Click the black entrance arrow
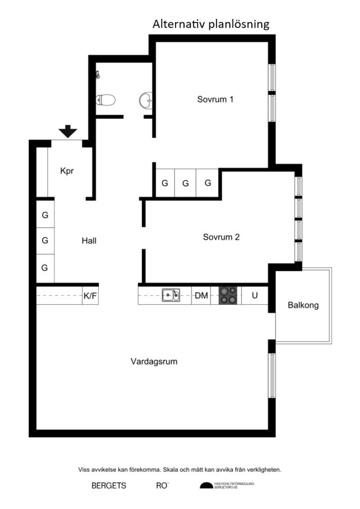click(68, 132)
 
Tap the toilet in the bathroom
click(106, 100)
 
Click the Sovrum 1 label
click(215, 99)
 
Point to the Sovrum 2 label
click(221, 237)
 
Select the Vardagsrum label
click(154, 361)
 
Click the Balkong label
click(303, 305)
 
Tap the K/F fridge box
click(90, 296)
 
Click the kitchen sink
click(171, 296)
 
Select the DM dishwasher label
click(201, 296)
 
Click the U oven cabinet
click(255, 296)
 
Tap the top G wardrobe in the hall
click(45, 215)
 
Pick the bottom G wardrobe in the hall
click(45, 267)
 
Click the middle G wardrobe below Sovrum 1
click(185, 183)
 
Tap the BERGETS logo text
click(108, 486)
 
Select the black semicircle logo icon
click(206, 486)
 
